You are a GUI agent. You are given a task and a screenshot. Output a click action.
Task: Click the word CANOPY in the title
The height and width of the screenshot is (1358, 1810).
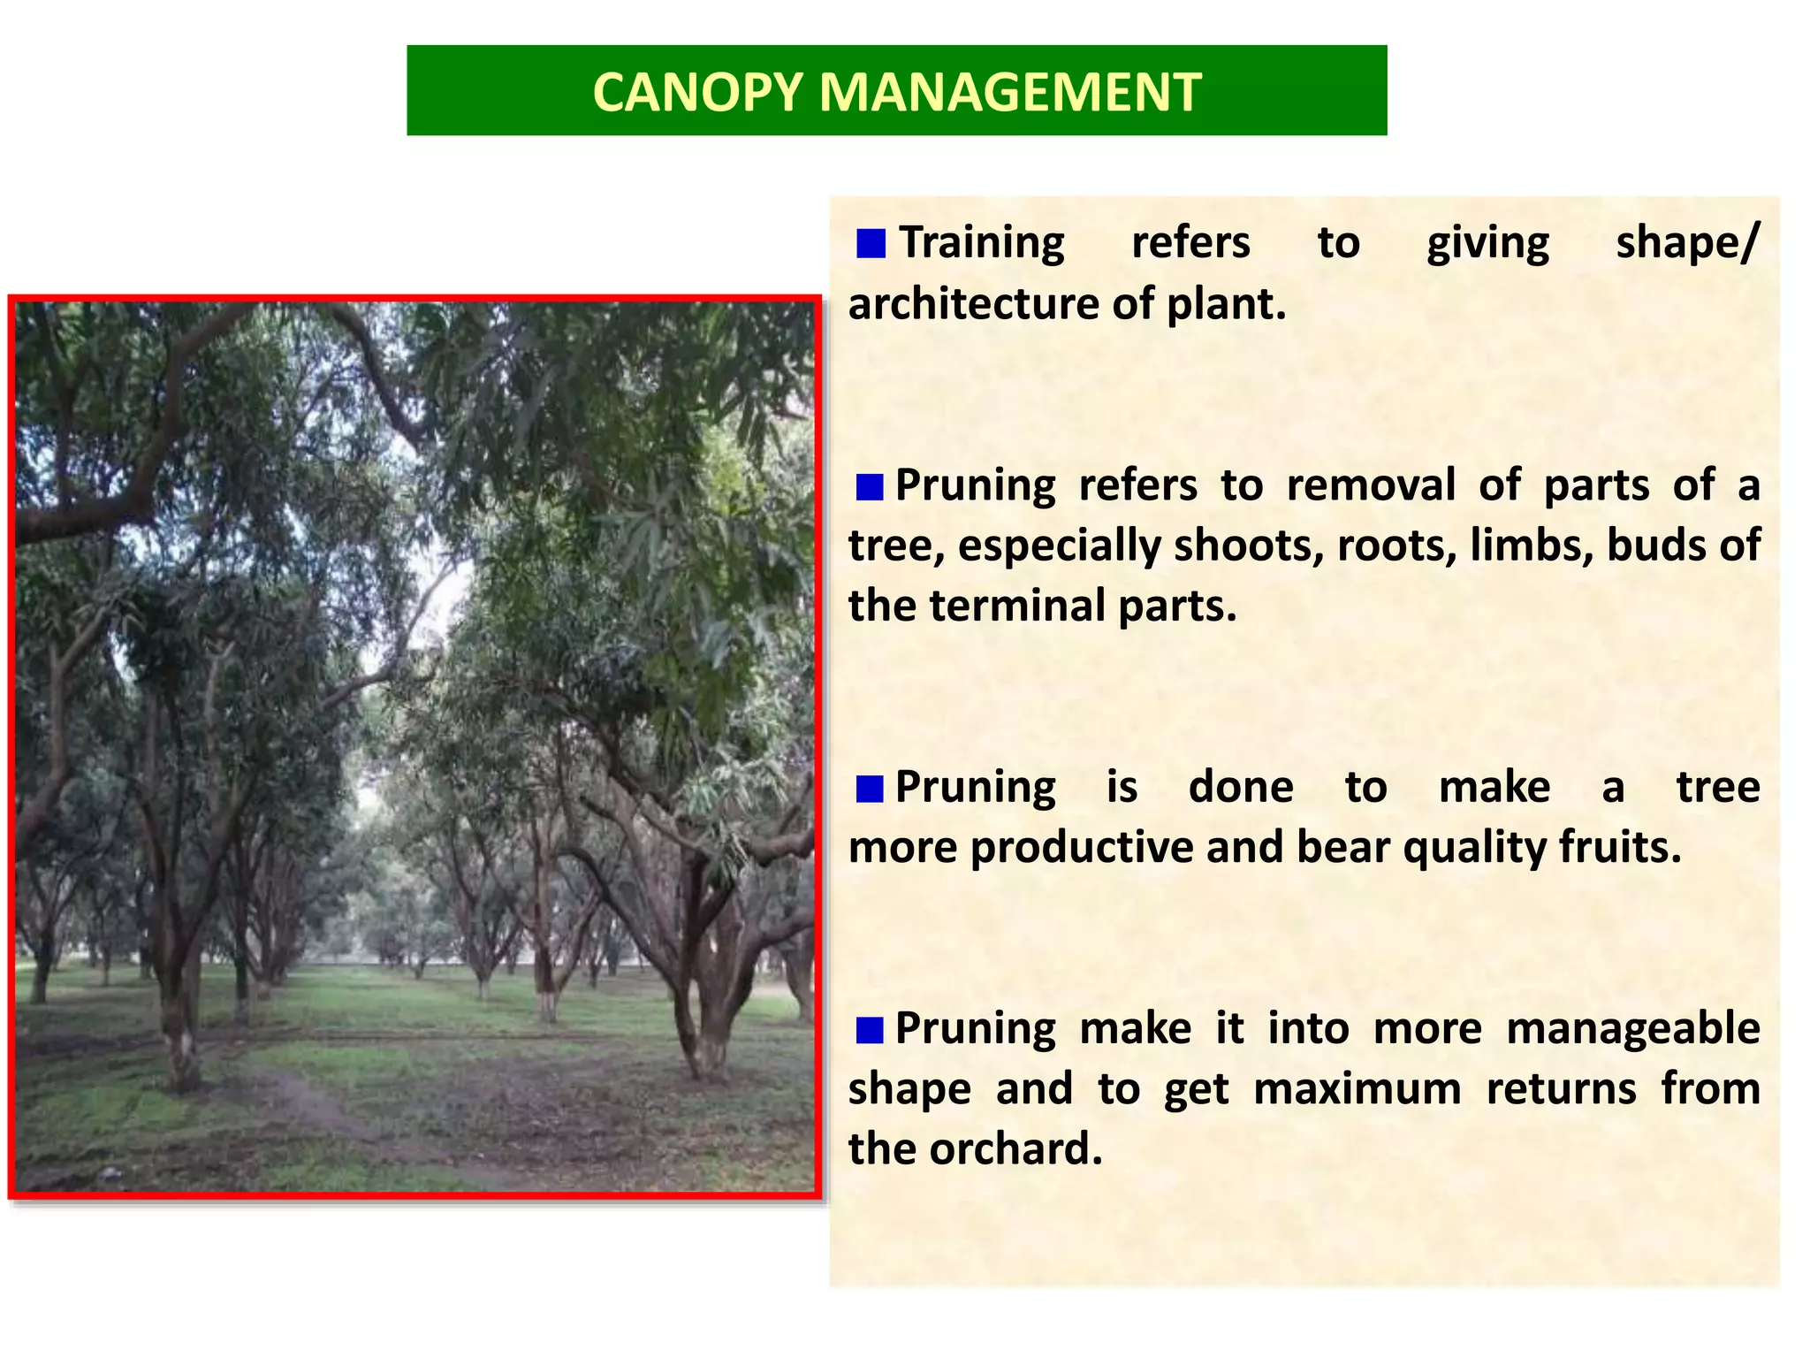(697, 92)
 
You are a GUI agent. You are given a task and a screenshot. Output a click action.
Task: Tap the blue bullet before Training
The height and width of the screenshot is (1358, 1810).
(871, 243)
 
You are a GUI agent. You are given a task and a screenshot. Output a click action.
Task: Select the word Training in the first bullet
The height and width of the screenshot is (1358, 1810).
(981, 243)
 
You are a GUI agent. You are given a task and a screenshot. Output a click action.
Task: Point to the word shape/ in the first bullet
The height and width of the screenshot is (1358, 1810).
(1687, 243)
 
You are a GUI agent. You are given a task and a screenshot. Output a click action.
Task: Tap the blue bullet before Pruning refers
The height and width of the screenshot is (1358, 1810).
(870, 486)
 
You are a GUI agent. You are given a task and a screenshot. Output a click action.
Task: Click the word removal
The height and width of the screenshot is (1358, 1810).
(1371, 485)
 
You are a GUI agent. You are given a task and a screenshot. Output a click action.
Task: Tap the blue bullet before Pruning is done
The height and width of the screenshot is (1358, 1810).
(870, 788)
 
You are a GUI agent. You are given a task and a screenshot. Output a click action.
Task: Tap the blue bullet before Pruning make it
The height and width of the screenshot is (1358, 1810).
(870, 1029)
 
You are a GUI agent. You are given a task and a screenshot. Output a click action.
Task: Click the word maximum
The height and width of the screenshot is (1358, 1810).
(1357, 1089)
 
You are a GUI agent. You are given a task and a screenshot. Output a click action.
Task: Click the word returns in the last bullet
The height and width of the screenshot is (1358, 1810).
(1562, 1089)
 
